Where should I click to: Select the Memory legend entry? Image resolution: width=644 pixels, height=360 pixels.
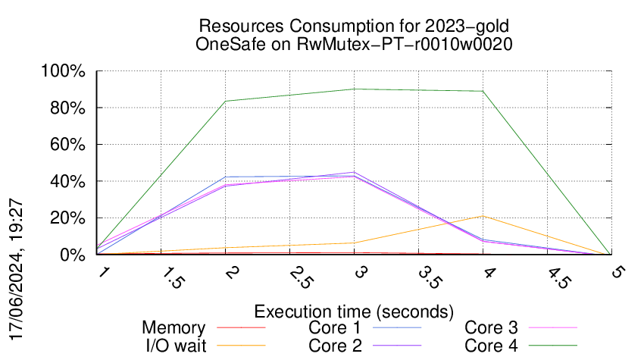pos(174,328)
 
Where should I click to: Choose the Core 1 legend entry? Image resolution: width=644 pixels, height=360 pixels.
pos(333,328)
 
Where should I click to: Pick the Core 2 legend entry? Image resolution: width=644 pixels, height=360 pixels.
pos(333,346)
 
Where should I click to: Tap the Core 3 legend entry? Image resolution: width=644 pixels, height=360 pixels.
pos(491,328)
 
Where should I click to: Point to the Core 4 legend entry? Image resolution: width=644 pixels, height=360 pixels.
pos(491,346)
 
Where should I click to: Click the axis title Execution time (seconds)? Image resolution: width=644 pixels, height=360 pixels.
pos(354,311)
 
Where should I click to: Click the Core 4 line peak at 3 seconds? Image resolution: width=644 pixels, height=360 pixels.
pos(354,89)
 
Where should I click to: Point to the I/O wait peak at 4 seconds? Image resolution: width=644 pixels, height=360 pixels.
pos(483,216)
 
